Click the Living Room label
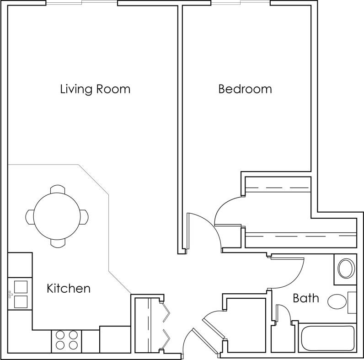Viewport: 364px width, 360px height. click(x=95, y=89)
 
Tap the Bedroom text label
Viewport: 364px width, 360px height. click(x=245, y=89)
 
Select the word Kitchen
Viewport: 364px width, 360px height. click(x=69, y=289)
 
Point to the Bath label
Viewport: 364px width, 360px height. click(x=305, y=299)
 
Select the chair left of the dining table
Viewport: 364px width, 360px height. click(x=30, y=216)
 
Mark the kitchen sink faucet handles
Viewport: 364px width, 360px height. click(x=9, y=294)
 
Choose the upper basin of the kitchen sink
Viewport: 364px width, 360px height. click(x=20, y=287)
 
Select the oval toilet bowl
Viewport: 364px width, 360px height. click(x=338, y=301)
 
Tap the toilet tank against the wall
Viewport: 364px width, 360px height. click(x=352, y=302)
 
